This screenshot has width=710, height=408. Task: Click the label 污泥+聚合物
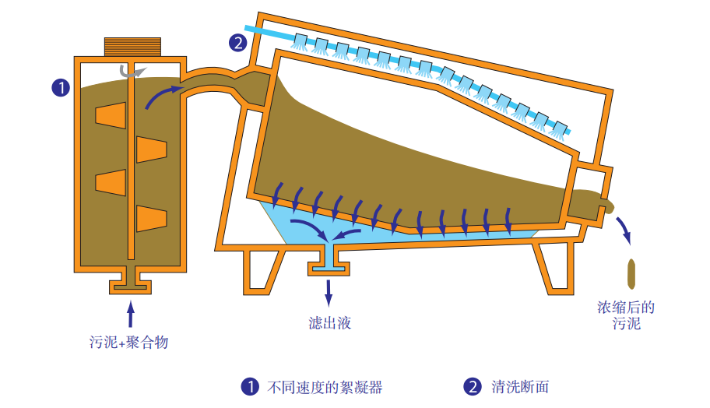click(129, 341)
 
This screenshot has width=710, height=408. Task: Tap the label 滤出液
click(330, 322)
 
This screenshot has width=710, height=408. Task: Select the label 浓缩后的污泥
click(626, 315)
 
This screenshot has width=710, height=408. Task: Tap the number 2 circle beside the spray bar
click(239, 43)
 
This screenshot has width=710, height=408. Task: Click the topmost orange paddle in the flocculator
click(110, 114)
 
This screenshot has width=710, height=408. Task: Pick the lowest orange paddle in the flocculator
click(151, 217)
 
